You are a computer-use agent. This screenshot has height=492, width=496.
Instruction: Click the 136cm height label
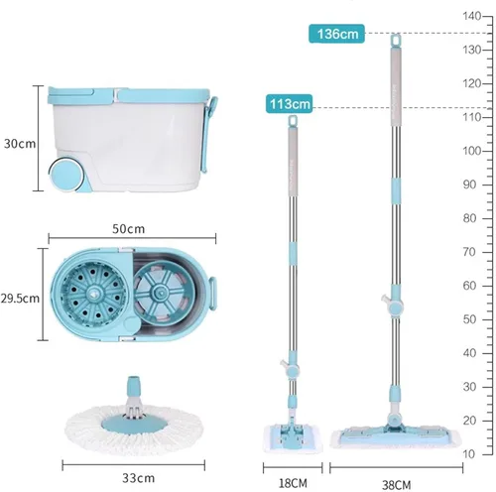click(x=336, y=34)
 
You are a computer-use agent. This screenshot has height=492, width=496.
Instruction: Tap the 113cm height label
click(x=289, y=104)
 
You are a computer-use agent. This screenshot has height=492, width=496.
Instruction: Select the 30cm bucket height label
click(x=20, y=144)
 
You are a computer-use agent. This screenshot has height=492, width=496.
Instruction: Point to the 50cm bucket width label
click(x=128, y=229)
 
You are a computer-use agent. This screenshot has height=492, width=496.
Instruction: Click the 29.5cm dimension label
click(x=20, y=299)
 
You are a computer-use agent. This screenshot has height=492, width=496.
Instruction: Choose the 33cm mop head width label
click(x=138, y=478)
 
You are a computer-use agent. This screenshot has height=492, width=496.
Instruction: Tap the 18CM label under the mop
click(x=293, y=483)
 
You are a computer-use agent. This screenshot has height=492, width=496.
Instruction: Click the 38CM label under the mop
click(x=396, y=485)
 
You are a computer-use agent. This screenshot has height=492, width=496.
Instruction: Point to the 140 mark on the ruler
click(x=472, y=16)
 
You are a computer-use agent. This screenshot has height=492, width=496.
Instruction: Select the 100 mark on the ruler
click(x=472, y=151)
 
